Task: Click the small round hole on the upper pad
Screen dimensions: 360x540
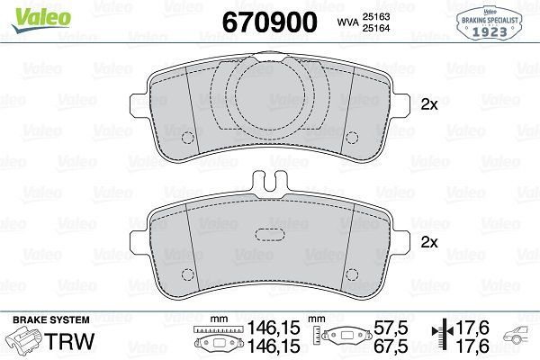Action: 189,139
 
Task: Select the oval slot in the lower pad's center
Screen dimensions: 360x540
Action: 271,235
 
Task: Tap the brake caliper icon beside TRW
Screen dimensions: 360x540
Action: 24,341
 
